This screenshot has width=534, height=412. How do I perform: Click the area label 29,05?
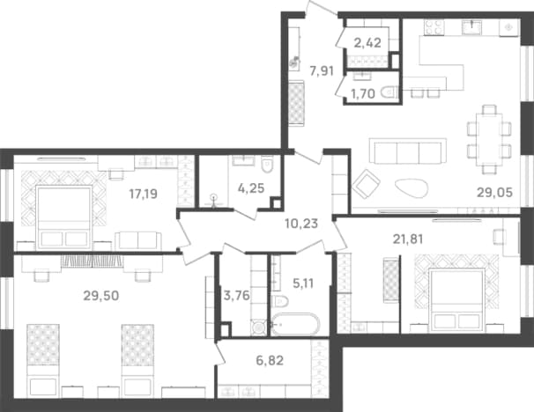(494, 193)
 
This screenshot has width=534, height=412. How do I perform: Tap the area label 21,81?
(408, 239)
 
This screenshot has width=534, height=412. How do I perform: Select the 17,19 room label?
(143, 194)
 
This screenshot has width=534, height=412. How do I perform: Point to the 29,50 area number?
(101, 296)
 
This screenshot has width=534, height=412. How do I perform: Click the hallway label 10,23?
(301, 224)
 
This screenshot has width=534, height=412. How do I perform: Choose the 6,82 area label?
(270, 360)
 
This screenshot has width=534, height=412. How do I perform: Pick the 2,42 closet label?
(367, 43)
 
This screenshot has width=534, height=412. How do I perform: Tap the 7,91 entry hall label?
(322, 71)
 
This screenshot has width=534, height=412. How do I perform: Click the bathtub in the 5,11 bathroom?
(295, 324)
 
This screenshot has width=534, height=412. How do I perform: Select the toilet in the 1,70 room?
(389, 93)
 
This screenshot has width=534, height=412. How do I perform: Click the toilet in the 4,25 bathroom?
(268, 164)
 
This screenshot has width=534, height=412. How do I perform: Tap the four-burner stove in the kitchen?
(434, 27)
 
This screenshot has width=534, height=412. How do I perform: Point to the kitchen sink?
(472, 27)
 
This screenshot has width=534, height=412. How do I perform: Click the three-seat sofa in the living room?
(408, 151)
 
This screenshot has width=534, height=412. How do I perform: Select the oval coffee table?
(412, 188)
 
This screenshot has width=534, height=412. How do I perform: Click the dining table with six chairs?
(489, 139)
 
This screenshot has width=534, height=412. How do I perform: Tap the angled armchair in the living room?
(367, 183)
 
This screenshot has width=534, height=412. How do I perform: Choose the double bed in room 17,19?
(64, 217)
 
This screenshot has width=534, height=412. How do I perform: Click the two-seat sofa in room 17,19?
(138, 241)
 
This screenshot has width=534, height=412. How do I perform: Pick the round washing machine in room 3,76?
(259, 327)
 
